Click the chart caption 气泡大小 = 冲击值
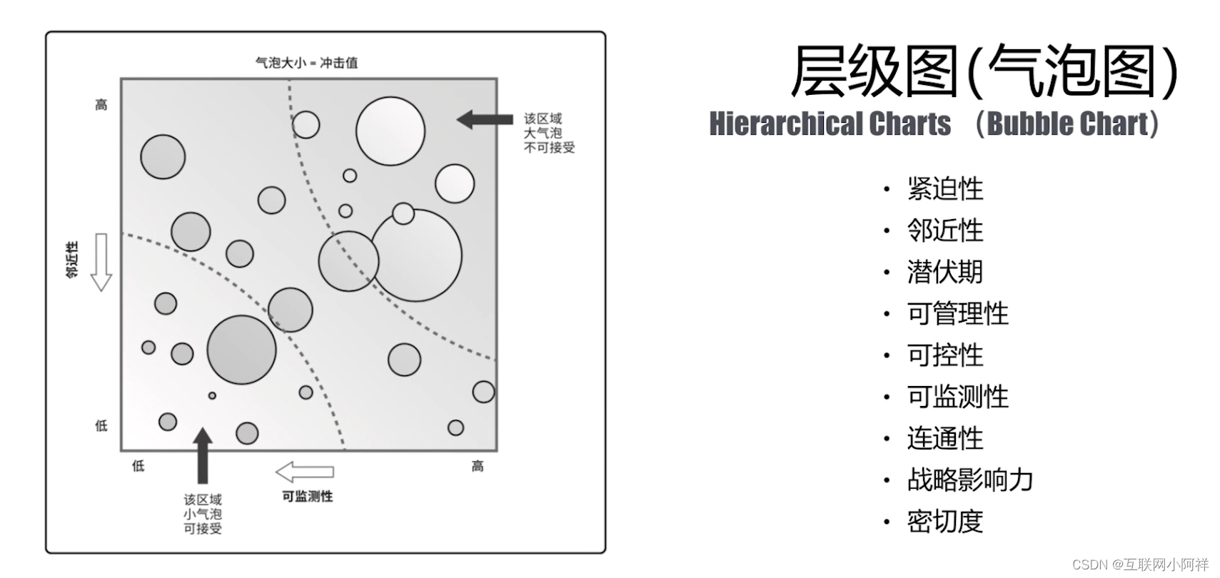[306, 63]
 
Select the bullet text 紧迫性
[944, 189]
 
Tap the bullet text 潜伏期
[944, 272]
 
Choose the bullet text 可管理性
[957, 314]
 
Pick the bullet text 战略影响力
[969, 480]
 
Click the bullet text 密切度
[944, 522]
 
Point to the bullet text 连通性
[944, 438]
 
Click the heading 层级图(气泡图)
[984, 72]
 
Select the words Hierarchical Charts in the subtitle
[830, 124]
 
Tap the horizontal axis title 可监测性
[307, 496]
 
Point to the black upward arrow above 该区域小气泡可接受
[203, 455]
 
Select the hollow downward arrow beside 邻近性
[101, 262]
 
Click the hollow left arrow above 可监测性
[304, 472]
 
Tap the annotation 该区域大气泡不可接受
[548, 133]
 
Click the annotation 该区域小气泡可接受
[203, 514]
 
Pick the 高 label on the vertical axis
[101, 105]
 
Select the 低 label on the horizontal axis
[138, 466]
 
